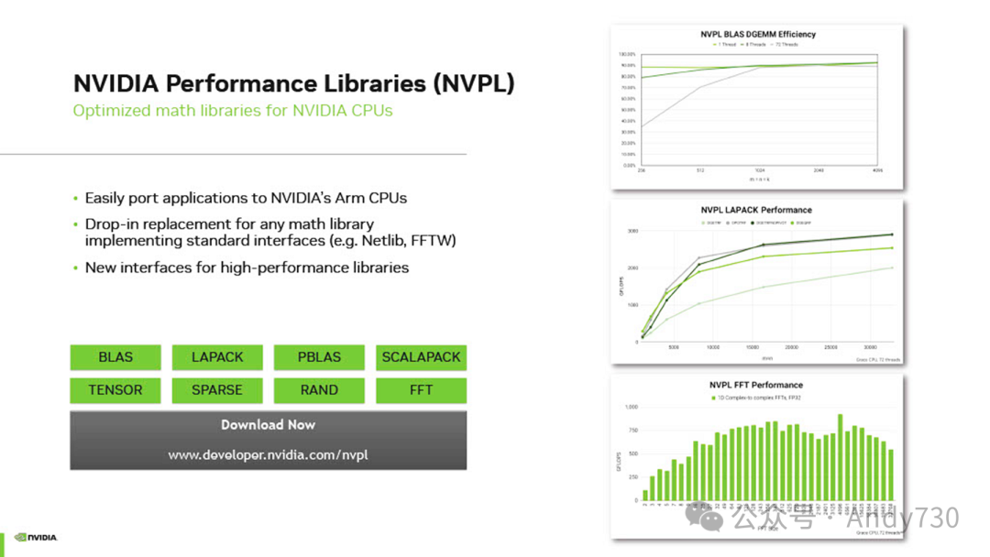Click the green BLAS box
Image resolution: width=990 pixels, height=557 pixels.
[115, 357]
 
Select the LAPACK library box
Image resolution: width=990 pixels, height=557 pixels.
[217, 357]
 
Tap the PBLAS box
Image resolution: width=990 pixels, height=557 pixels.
[319, 357]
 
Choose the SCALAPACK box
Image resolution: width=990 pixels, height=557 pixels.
[421, 357]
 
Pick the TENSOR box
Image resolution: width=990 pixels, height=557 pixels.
[115, 390]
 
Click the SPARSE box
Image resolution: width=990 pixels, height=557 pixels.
[217, 390]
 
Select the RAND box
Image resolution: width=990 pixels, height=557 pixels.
[319, 390]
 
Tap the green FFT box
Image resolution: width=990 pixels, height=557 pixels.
[421, 390]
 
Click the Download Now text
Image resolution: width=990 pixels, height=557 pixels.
[268, 425]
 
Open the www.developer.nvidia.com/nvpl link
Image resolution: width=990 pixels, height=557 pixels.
[268, 454]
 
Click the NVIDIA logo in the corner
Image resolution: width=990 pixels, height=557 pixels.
[36, 538]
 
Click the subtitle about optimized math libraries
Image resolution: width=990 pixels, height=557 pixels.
[233, 111]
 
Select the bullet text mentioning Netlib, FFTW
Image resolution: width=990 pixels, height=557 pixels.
[270, 240]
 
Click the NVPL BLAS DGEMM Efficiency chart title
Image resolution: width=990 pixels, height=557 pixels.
[756, 35]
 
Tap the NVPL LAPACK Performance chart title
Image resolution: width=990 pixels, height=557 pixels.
[756, 210]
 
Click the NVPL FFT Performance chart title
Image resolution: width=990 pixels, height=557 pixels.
[756, 385]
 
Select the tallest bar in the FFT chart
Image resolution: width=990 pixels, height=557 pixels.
[840, 457]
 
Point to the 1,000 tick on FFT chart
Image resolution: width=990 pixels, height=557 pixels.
[630, 407]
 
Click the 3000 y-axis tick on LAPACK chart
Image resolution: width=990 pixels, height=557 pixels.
[631, 231]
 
